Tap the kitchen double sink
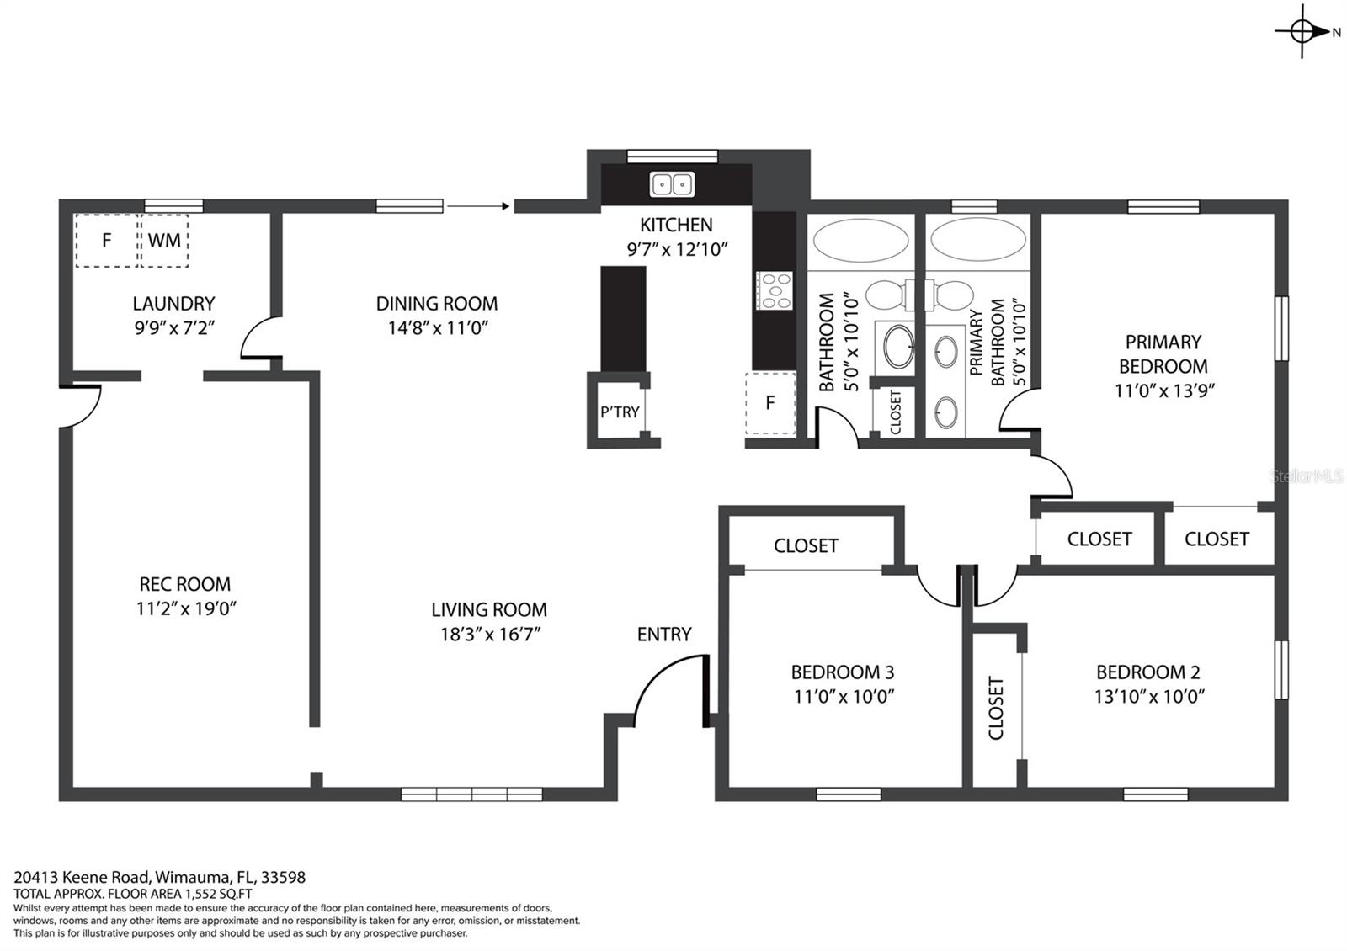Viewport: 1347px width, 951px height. click(672, 184)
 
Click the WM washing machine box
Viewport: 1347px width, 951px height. click(163, 241)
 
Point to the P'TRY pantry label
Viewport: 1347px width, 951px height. click(620, 412)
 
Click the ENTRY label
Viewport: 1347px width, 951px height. click(664, 635)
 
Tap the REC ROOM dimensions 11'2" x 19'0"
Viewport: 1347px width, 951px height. click(186, 608)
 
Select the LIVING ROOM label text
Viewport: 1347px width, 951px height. click(489, 609)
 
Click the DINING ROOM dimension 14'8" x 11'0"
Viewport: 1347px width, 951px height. click(437, 327)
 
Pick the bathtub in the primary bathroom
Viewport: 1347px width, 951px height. click(977, 239)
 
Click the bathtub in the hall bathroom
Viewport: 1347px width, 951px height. click(860, 239)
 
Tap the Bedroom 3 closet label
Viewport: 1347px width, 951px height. click(806, 545)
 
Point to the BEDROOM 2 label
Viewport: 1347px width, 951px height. click(1148, 672)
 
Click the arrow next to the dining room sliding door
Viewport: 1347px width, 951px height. click(479, 206)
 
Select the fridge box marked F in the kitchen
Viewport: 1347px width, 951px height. click(770, 403)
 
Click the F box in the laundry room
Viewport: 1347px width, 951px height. click(106, 241)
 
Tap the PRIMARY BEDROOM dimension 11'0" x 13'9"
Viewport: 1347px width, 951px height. click(1164, 390)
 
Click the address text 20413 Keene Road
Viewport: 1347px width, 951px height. click(81, 877)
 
